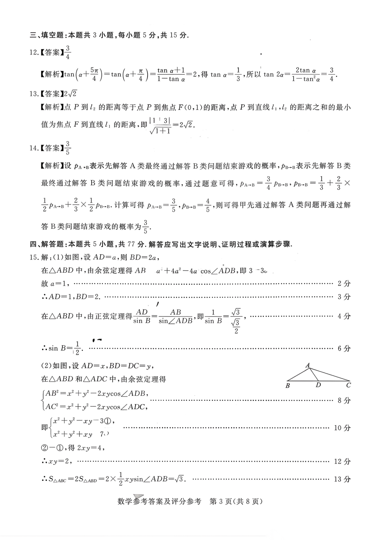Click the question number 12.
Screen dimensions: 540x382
tap(33, 53)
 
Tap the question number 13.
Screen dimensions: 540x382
tap(33, 94)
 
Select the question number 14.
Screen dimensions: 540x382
tap(33, 148)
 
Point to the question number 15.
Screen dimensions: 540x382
tap(33, 257)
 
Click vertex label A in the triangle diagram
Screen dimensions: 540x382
tap(308, 365)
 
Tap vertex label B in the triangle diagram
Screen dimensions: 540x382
tap(288, 385)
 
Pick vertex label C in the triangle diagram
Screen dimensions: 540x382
tap(348, 385)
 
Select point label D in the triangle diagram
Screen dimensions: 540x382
tap(318, 385)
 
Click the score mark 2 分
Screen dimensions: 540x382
tap(344, 283)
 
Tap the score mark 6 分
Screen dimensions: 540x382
tap(344, 348)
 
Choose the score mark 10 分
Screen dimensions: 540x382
tap(342, 428)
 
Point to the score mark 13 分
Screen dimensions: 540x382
tap(342, 479)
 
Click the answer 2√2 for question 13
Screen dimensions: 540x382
tap(70, 94)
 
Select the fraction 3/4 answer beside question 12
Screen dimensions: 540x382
tap(68, 52)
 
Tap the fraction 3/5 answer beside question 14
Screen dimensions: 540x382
tap(68, 148)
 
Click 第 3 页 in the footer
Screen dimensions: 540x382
tap(221, 501)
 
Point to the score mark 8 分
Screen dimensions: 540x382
tap(344, 400)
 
